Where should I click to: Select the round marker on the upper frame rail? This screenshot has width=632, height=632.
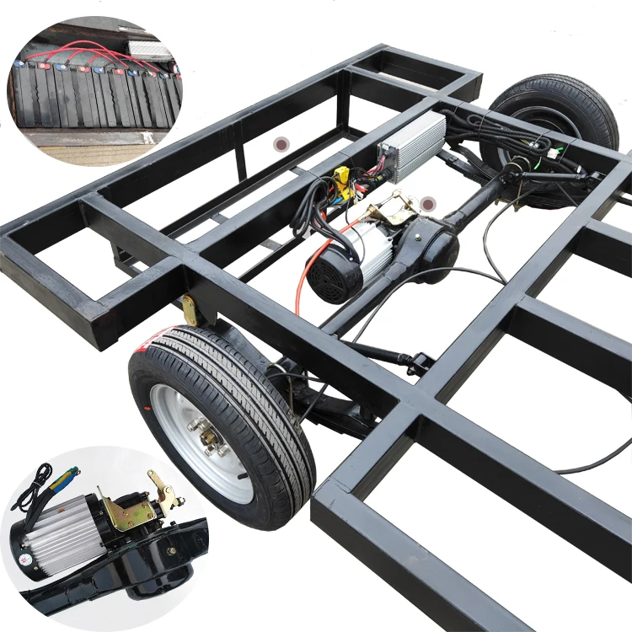[279, 145]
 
